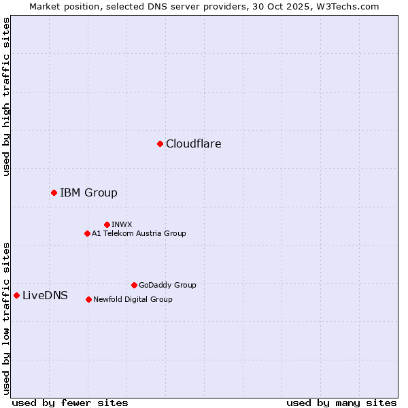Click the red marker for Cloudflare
[160, 143]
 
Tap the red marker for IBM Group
[54, 192]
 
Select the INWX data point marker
[107, 224]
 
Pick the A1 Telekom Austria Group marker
[87, 233]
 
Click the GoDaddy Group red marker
[134, 285]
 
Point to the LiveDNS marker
[16, 295]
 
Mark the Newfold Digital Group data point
[88, 299]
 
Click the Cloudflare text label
[193, 143]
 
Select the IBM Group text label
[88, 192]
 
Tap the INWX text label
[122, 224]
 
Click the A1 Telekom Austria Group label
[139, 233]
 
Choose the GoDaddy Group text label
[167, 285]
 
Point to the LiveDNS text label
[45, 295]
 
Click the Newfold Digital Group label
[133, 299]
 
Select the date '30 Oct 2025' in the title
[284, 6]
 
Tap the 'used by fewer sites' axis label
[70, 403]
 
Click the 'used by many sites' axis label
[341, 403]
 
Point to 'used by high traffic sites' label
[6, 97]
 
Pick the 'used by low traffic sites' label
[6, 318]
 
